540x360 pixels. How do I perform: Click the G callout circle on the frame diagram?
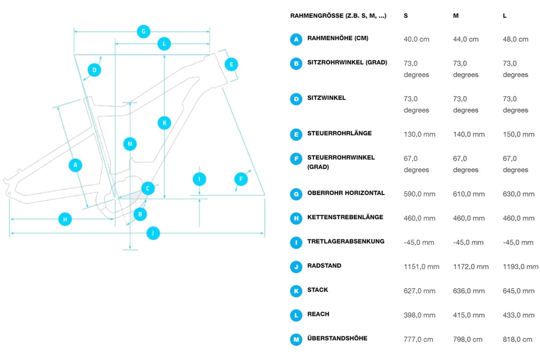tap(143, 31)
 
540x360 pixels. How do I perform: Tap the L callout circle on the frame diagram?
tap(164, 44)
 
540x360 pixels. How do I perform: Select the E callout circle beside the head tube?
tap(231, 64)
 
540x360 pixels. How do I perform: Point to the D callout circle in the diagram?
tap(94, 70)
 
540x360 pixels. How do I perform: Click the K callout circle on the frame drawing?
tap(164, 123)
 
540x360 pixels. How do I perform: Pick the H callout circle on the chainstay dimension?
tap(65, 219)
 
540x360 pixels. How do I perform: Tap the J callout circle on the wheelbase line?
tap(153, 233)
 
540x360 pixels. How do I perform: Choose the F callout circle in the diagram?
tap(241, 179)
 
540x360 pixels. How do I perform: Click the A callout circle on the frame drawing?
tap(75, 165)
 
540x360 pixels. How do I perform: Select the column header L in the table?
tap(505, 16)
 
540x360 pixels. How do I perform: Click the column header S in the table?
tap(406, 16)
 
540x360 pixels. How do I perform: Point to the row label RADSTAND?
tap(324, 266)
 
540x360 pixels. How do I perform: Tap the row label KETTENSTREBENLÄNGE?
tap(345, 217)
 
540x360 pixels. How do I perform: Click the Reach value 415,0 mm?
tap(469, 315)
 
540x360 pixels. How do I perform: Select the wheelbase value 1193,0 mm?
tap(520, 267)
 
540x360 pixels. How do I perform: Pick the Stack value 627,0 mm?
tap(419, 291)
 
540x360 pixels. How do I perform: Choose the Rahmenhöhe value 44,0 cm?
tap(465, 39)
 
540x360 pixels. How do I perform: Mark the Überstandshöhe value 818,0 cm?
tap(517, 339)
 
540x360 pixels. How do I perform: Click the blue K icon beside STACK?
tap(296, 291)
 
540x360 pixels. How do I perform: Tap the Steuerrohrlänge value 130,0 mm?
tap(419, 134)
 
